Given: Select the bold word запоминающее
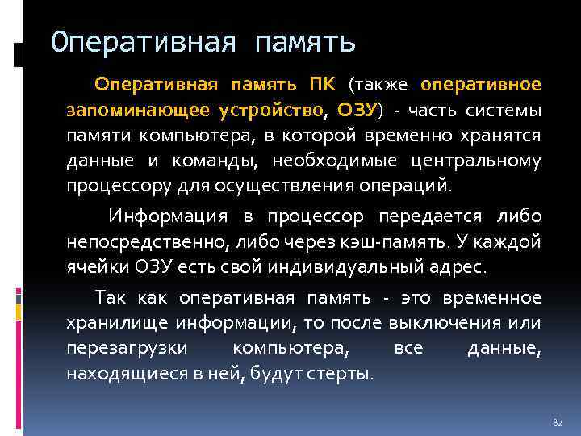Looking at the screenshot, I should pos(137,110).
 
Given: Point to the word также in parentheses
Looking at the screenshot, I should pos(382,85).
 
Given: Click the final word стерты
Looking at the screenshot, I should pos(346,374).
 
